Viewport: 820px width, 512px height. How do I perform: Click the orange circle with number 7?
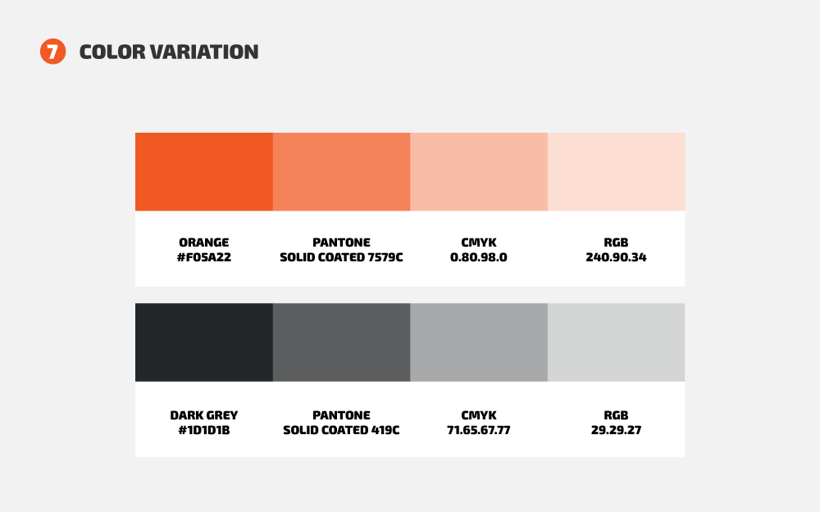pos(52,51)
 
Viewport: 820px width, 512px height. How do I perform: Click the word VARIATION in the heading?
pos(204,52)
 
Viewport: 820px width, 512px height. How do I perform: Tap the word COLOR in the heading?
pos(112,52)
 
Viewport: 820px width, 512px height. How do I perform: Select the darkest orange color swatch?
pos(204,172)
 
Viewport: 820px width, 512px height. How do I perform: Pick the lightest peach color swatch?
pos(616,172)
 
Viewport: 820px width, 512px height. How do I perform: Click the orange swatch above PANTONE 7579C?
pos(341,172)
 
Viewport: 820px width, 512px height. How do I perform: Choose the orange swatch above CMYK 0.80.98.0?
pos(479,172)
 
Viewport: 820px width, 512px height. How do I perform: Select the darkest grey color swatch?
pos(204,342)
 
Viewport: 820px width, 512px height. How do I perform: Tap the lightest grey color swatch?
pos(616,342)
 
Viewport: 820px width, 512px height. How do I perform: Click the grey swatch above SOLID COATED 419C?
pos(341,342)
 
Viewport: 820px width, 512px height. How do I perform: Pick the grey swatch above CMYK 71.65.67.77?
pos(479,342)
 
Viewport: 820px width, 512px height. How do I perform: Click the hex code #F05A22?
pos(204,257)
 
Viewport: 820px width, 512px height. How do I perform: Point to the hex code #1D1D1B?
pos(204,430)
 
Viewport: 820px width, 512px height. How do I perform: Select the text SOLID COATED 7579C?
pos(341,257)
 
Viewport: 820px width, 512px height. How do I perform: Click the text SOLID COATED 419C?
pos(341,430)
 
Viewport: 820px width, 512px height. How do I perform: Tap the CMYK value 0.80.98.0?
pos(479,257)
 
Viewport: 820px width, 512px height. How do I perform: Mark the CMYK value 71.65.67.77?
pos(479,430)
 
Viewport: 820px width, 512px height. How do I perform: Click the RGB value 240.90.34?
pos(616,257)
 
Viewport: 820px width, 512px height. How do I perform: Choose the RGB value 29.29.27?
pos(616,430)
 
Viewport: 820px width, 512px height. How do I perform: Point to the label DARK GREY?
pos(204,415)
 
